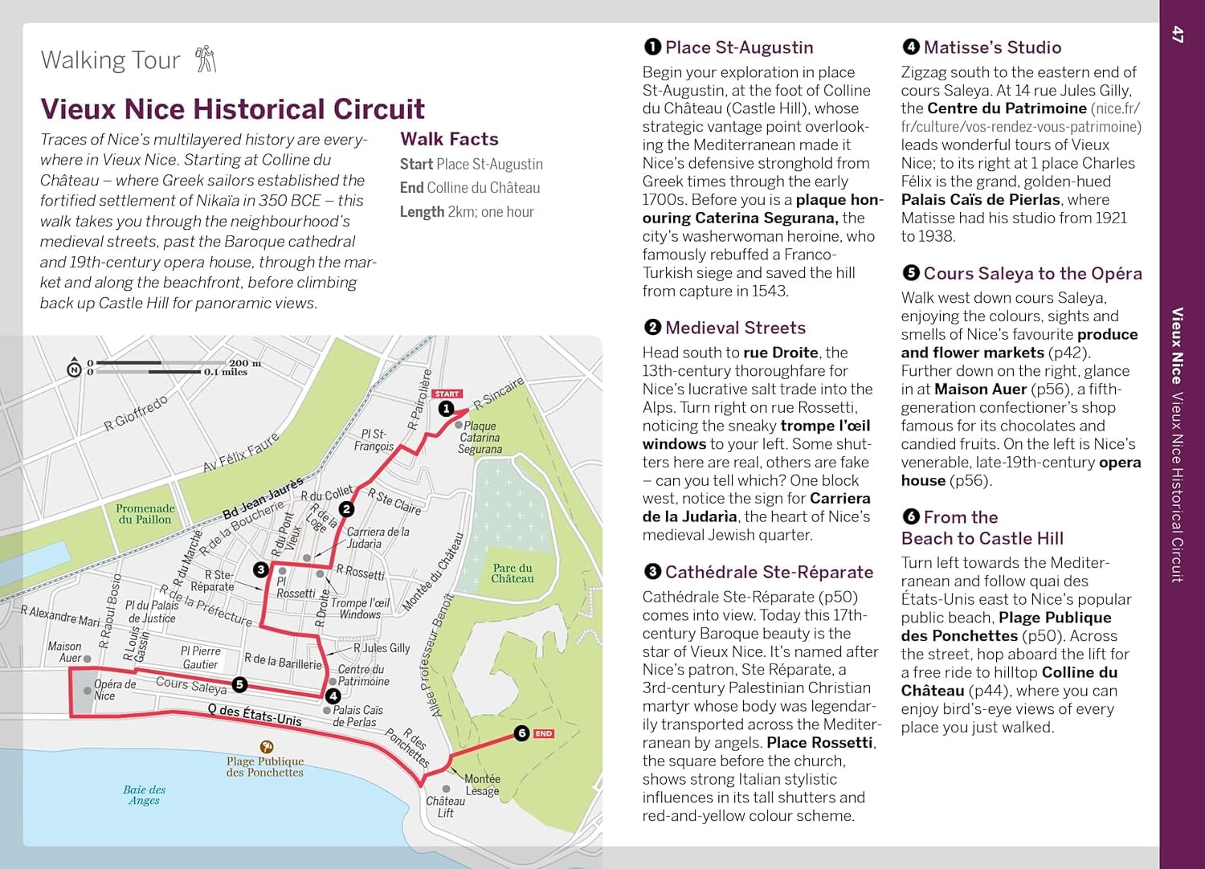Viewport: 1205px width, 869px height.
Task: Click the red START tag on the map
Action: (447, 394)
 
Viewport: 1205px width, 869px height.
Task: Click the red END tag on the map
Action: (544, 733)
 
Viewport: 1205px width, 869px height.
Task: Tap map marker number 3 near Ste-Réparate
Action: (260, 569)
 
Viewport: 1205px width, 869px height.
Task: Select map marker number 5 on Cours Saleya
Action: (239, 684)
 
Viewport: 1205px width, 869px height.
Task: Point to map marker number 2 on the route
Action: (346, 508)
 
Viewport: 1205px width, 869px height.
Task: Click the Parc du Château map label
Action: (513, 573)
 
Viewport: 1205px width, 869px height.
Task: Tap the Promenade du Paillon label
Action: (145, 513)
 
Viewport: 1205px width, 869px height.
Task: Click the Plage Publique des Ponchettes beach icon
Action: (265, 747)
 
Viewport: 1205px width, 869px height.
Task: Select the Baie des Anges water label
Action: (145, 794)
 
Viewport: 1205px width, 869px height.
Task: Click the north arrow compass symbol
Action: (74, 369)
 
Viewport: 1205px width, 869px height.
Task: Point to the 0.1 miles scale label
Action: (226, 372)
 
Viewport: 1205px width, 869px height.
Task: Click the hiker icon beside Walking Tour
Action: (206, 59)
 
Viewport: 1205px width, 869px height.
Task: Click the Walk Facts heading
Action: (449, 139)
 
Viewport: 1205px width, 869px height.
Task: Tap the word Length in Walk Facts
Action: (422, 212)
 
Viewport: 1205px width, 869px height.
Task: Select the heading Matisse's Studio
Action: (992, 47)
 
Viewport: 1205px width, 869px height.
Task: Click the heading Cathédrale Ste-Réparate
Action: (769, 572)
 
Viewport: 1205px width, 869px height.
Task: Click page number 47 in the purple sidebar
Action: (1178, 35)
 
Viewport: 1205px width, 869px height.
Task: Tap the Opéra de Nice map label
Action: (114, 690)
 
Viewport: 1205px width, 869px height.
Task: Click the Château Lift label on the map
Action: (445, 806)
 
